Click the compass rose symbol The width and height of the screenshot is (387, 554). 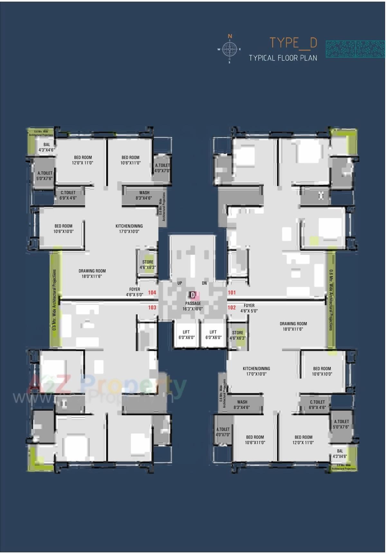[229, 49]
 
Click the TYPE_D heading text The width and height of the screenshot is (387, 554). [293, 43]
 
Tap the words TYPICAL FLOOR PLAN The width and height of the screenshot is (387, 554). [283, 58]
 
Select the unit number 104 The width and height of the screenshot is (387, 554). [152, 292]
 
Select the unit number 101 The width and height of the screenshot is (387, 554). [232, 292]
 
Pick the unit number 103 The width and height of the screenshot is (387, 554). [152, 307]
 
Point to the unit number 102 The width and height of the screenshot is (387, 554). [232, 307]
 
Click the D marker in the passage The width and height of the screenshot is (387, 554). [193, 295]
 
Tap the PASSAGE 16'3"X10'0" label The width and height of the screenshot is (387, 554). [193, 306]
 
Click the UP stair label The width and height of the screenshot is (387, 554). [180, 283]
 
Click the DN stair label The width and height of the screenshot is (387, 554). [204, 283]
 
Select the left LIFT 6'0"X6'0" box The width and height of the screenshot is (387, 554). [186, 335]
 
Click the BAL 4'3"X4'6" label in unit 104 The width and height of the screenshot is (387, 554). [47, 147]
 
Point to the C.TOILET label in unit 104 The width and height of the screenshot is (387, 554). [68, 195]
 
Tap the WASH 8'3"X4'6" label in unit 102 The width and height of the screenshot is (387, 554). [242, 405]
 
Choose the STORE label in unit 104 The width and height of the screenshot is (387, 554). [148, 264]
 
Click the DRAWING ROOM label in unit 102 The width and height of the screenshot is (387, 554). [293, 326]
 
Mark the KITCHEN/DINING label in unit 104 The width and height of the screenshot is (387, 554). [129, 229]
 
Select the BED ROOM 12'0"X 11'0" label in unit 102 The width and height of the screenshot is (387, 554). [303, 440]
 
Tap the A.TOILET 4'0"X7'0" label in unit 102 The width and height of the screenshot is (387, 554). [223, 432]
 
